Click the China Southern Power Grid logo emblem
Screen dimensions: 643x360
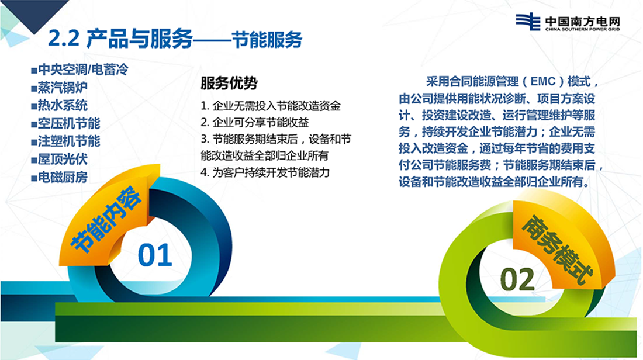click(x=528, y=21)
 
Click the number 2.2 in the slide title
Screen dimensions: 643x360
click(x=64, y=39)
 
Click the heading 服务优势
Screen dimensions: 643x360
click(x=229, y=83)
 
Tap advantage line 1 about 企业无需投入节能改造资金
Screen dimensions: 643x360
click(x=271, y=106)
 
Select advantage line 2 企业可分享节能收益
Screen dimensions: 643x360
click(x=255, y=122)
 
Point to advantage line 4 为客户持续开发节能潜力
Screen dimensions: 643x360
click(x=265, y=172)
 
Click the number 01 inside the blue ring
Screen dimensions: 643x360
click(x=154, y=255)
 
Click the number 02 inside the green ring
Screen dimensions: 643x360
click(x=517, y=279)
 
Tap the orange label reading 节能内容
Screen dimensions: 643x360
click(x=106, y=219)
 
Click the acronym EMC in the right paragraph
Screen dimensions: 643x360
click(x=543, y=82)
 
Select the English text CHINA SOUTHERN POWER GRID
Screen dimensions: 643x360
click(x=583, y=30)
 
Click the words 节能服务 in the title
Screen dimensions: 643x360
click(x=267, y=39)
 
